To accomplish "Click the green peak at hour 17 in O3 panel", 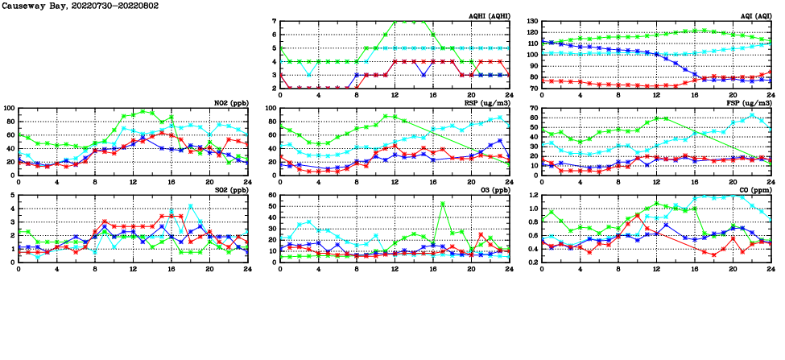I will [442, 204].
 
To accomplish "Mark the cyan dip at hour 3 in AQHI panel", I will [309, 75].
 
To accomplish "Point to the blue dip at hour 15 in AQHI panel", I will [423, 75].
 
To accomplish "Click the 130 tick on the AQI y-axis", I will [531, 22].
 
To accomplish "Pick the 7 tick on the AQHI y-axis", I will [275, 22].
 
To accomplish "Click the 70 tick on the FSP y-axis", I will [534, 108].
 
